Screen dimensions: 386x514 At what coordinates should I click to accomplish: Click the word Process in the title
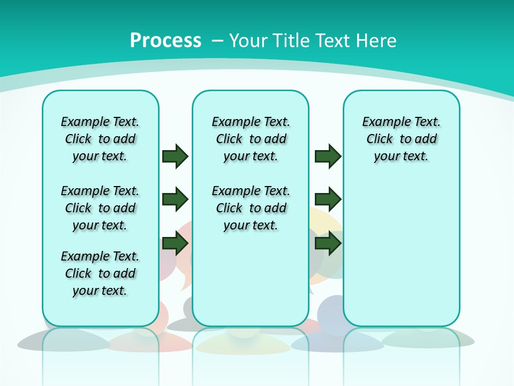point(165,40)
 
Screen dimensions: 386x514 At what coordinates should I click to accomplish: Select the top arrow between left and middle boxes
point(175,156)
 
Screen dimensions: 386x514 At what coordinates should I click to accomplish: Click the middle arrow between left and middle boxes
point(175,199)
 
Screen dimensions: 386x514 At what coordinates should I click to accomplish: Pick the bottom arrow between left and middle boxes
point(175,243)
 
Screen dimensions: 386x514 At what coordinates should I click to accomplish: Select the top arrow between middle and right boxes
point(328,156)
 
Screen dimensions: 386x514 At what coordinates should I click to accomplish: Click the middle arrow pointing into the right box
point(328,199)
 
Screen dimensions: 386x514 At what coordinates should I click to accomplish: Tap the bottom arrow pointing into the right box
point(328,243)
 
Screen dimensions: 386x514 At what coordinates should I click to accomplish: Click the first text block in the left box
point(100,139)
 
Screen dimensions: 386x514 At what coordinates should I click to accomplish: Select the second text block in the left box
point(100,208)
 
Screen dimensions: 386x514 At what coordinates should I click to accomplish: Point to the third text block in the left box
point(100,273)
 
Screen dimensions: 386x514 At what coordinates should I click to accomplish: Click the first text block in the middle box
point(251,139)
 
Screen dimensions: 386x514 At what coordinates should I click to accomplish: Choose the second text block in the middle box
point(251,208)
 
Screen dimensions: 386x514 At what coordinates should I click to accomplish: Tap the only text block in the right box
point(402,139)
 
